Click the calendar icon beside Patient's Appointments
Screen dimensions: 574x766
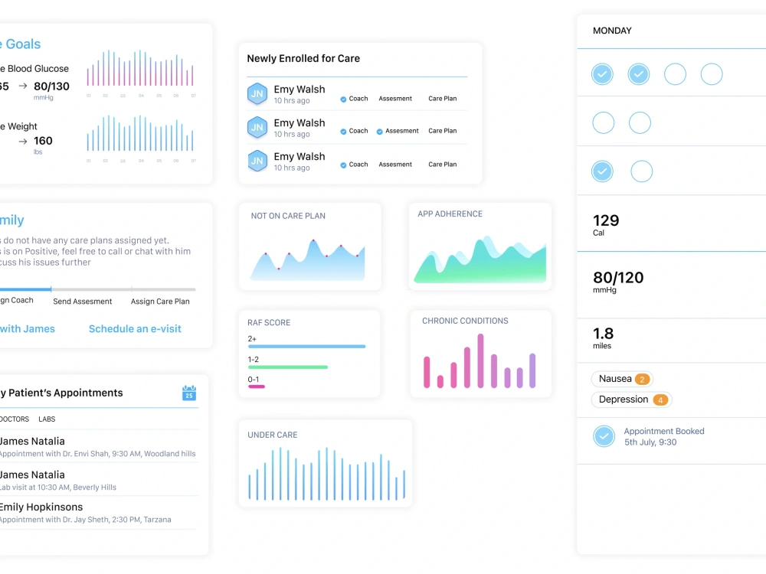(189, 393)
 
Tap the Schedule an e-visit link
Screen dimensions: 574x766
(135, 329)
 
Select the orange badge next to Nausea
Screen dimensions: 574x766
(642, 380)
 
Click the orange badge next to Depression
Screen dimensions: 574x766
(660, 400)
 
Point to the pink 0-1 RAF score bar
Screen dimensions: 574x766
(257, 386)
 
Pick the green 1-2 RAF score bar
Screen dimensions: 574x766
(287, 367)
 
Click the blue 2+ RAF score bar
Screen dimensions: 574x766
(306, 347)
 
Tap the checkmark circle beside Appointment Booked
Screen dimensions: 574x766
(604, 436)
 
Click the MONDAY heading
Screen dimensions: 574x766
(612, 31)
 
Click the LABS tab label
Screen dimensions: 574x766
(47, 419)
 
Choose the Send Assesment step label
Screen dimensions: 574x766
(83, 302)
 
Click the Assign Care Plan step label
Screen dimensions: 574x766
(160, 302)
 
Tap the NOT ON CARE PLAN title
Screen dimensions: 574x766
(288, 217)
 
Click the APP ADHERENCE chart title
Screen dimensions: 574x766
(450, 214)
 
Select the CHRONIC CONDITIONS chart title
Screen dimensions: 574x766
(465, 321)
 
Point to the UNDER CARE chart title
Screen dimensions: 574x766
(272, 435)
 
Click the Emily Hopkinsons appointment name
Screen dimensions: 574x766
(41, 507)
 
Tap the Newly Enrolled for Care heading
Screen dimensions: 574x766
(303, 59)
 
